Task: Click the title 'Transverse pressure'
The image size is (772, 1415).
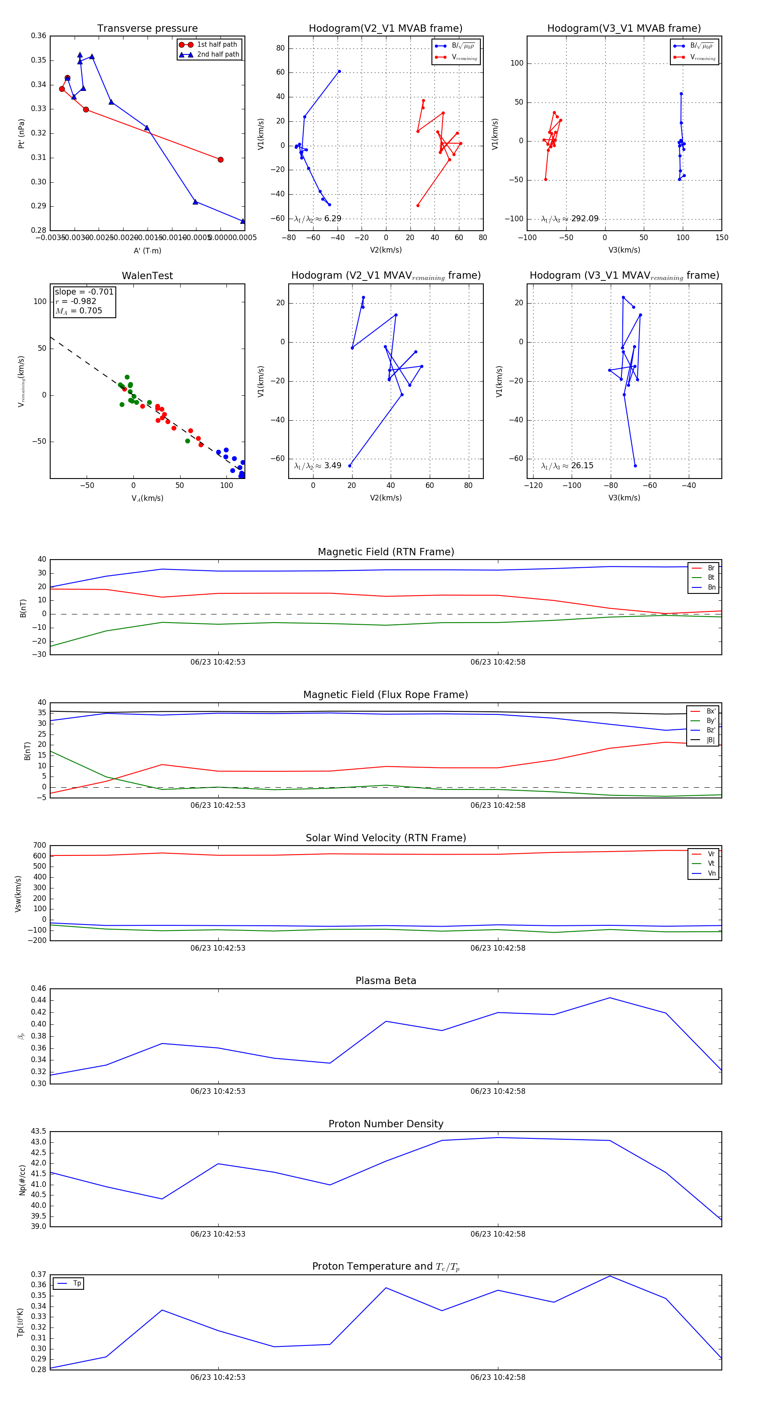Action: click(147, 29)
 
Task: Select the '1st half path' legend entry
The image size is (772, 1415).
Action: click(217, 45)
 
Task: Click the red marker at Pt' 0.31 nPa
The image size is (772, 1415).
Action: click(220, 160)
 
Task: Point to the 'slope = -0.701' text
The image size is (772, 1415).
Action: click(84, 292)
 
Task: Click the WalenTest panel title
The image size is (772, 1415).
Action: click(147, 276)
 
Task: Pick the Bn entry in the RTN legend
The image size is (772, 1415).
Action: click(711, 587)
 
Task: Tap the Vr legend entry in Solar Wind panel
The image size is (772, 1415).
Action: click(711, 854)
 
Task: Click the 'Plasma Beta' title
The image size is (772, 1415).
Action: click(386, 981)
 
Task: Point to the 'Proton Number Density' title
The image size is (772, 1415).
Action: click(386, 1123)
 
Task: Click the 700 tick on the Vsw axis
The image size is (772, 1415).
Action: click(39, 846)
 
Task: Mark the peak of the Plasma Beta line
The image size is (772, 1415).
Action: click(609, 997)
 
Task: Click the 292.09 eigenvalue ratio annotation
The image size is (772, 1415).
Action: click(584, 219)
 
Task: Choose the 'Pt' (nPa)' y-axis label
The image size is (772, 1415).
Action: click(21, 133)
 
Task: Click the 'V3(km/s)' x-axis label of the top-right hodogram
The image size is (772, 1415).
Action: click(624, 250)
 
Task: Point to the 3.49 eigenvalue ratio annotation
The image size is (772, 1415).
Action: click(332, 466)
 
